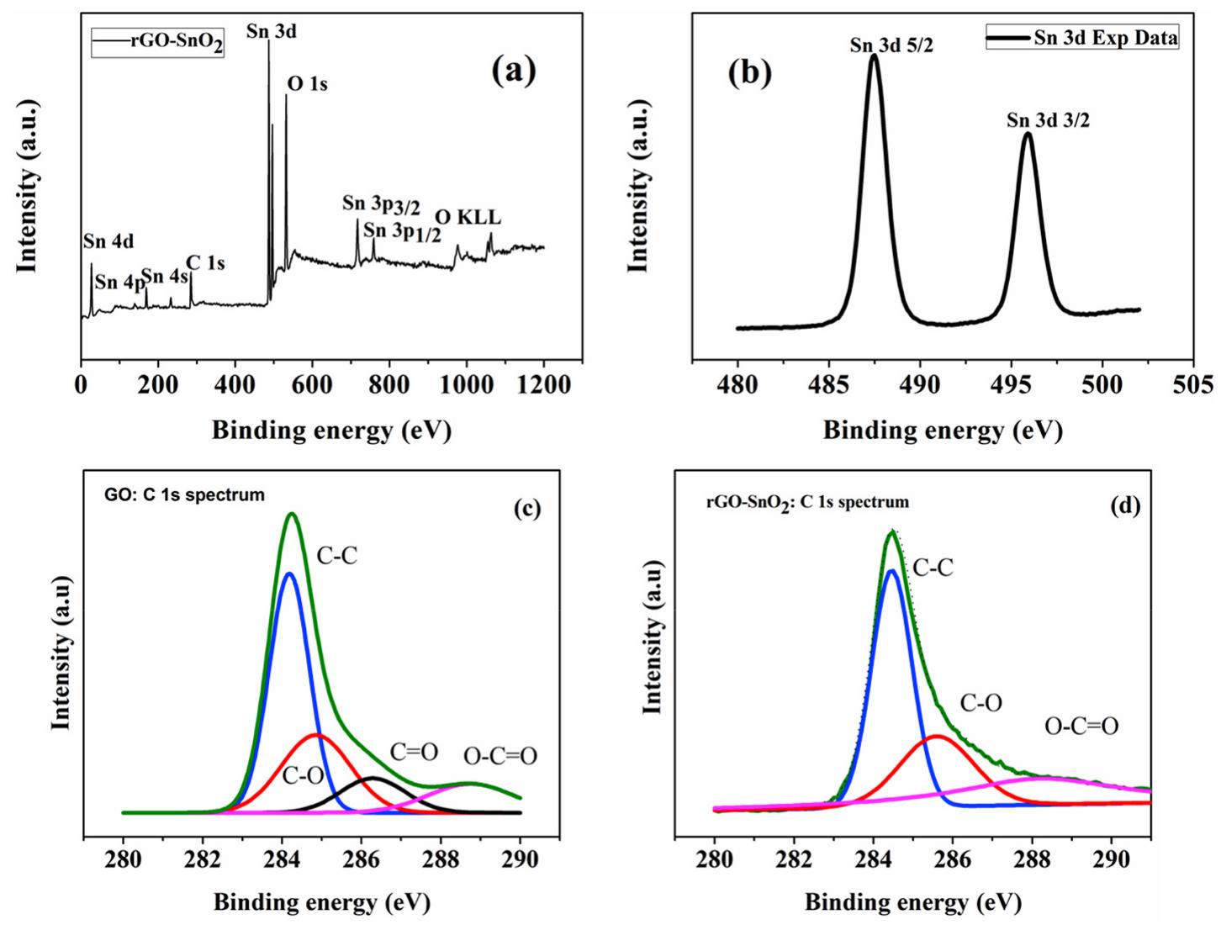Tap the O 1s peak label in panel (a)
[x=307, y=84]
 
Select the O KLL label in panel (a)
[x=468, y=217]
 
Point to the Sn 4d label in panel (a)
[x=108, y=242]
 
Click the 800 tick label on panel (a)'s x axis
[x=388, y=384]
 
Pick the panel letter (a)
[x=513, y=71]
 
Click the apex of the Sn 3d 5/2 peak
[x=874, y=57]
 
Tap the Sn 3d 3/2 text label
[x=1048, y=120]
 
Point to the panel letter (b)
[x=748, y=73]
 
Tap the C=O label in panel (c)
[x=413, y=752]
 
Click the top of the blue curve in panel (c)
[x=289, y=573]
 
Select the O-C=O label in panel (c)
[x=500, y=756]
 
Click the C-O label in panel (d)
[x=980, y=703]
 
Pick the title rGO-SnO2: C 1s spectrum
[x=806, y=502]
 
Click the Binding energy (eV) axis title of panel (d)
[x=912, y=903]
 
